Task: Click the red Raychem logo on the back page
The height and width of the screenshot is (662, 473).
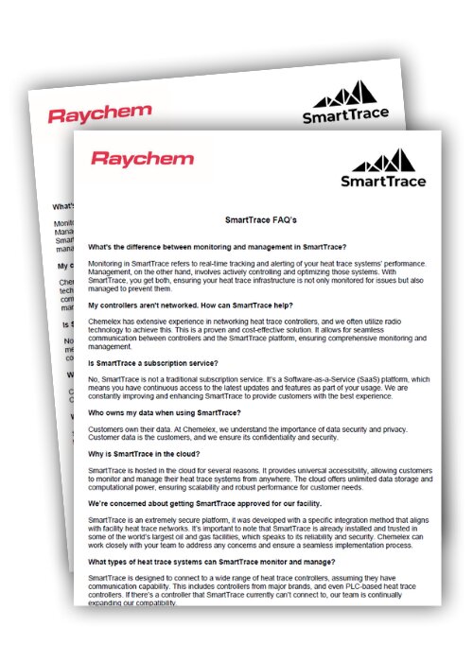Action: (x=99, y=115)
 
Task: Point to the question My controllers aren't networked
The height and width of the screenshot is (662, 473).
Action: (x=193, y=306)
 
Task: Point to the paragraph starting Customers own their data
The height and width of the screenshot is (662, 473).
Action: (x=245, y=433)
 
